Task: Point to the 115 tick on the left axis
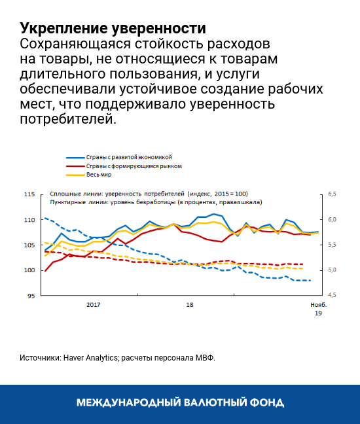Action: coord(29,194)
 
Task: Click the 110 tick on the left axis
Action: coord(29,220)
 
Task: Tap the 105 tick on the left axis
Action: coord(29,245)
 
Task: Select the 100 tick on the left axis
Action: coord(29,270)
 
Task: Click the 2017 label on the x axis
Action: coord(93,305)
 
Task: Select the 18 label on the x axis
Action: coord(190,305)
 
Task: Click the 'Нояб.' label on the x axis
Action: coord(317,305)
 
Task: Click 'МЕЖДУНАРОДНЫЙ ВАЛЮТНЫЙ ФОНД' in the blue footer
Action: coord(180,402)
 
